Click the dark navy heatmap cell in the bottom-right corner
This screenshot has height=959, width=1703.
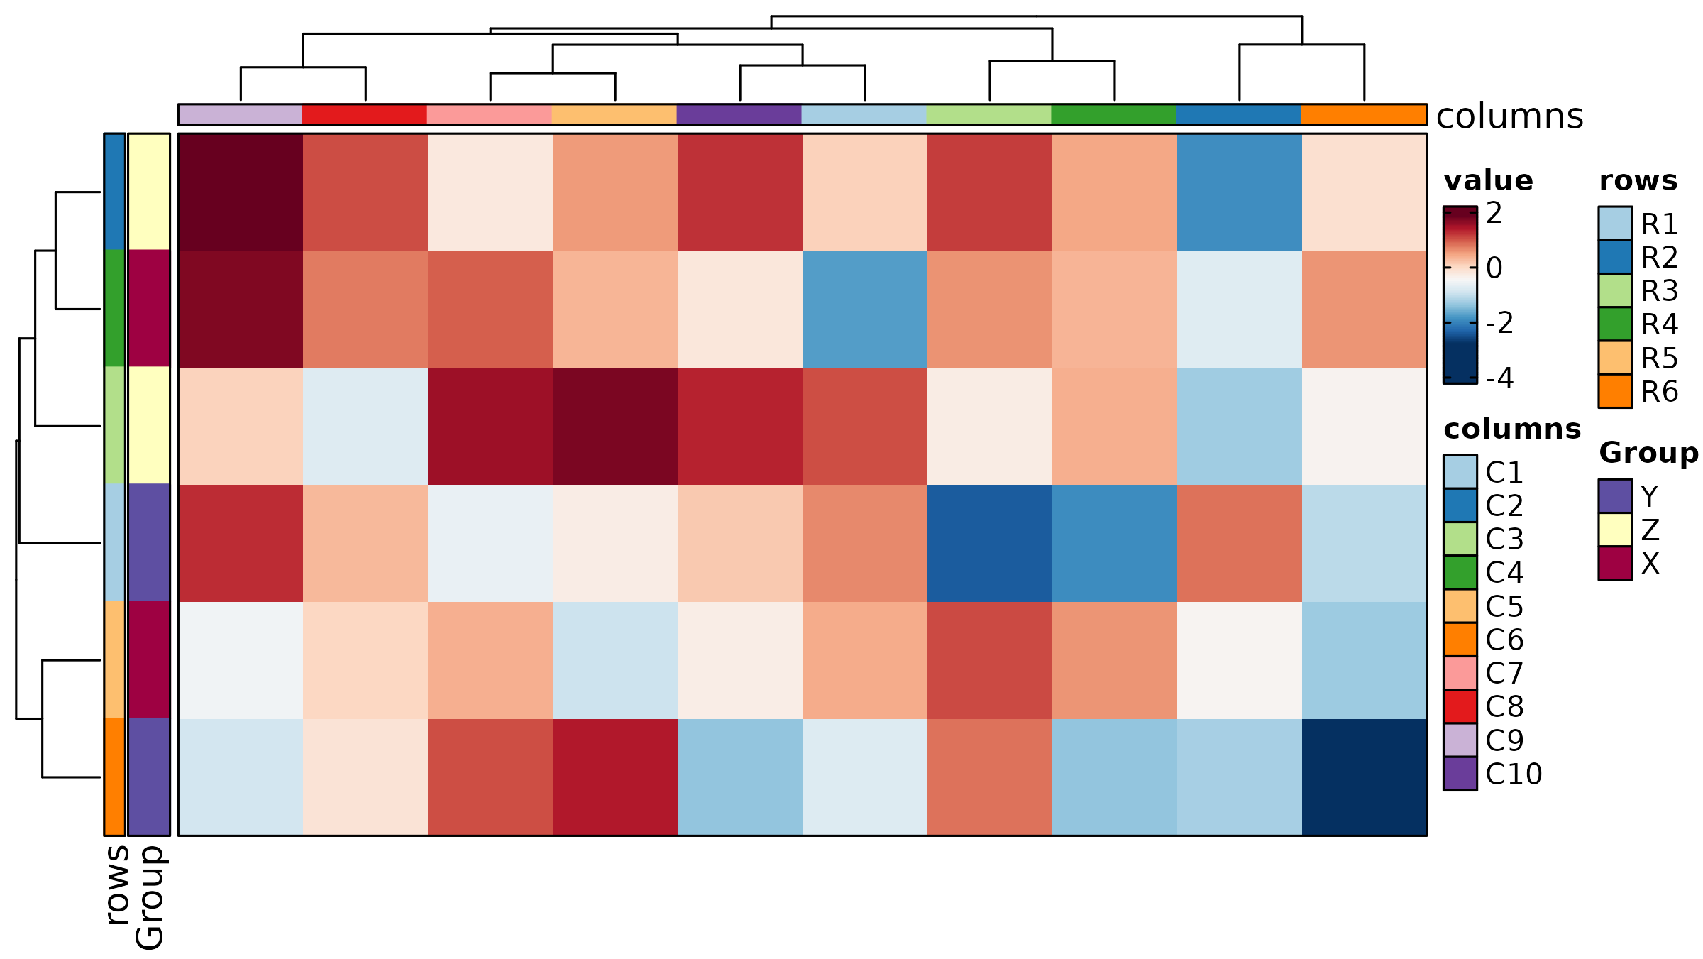click(x=1364, y=777)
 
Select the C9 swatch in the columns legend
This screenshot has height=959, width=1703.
click(x=1460, y=740)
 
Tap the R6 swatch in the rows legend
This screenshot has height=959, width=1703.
click(x=1615, y=391)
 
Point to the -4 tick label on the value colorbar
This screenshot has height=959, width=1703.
click(x=1499, y=378)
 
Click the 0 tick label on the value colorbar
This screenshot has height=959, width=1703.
click(x=1494, y=268)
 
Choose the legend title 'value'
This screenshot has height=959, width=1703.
click(x=1488, y=181)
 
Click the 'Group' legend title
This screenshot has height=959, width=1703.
click(x=1648, y=453)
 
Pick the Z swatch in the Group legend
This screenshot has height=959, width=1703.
click(x=1615, y=530)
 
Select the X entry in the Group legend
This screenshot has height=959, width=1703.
click(x=1650, y=564)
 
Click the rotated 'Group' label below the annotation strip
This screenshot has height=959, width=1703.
click(x=149, y=897)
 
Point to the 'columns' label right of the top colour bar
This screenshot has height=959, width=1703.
click(x=1509, y=116)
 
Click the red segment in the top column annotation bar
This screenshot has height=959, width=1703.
click(x=365, y=115)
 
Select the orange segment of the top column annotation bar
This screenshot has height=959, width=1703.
click(x=1363, y=115)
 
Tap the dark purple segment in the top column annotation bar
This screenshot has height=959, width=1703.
click(x=739, y=115)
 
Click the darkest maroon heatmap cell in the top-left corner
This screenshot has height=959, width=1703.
click(x=241, y=192)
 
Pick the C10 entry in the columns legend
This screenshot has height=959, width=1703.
click(x=1514, y=774)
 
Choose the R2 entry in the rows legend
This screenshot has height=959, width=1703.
click(x=1659, y=258)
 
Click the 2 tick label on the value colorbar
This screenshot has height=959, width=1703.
click(x=1494, y=213)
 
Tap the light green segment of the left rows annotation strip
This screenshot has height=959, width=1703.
click(x=114, y=425)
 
